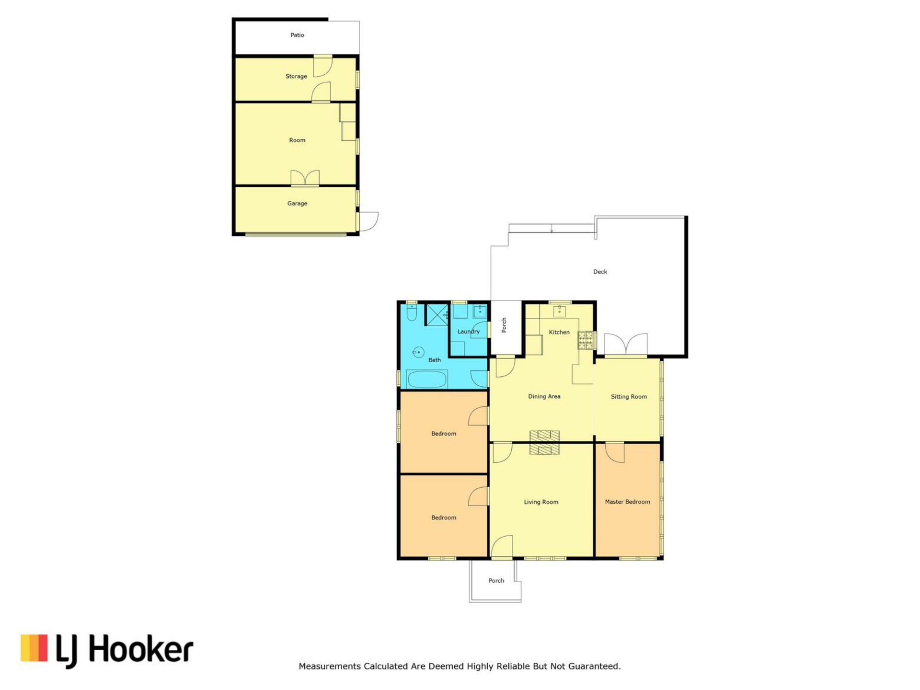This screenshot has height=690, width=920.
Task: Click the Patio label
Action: click(297, 35)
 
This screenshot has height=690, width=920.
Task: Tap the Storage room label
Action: click(296, 76)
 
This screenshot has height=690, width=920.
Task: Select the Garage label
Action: click(297, 203)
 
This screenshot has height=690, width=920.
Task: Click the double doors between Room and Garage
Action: click(305, 178)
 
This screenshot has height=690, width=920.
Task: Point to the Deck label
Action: click(600, 272)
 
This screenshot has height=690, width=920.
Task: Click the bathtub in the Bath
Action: click(426, 379)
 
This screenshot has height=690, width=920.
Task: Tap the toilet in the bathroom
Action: click(412, 313)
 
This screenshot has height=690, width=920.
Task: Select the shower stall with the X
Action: click(437, 315)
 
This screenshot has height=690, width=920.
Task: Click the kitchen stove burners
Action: click(586, 340)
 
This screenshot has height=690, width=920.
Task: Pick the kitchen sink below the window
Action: click(559, 311)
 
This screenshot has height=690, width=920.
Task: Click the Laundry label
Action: click(468, 332)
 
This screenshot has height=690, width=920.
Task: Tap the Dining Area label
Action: click(544, 396)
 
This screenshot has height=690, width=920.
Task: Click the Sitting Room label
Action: click(629, 396)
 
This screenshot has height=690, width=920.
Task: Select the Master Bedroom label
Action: click(627, 502)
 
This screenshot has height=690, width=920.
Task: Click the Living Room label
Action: click(541, 502)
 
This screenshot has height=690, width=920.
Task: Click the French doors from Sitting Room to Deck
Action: click(626, 345)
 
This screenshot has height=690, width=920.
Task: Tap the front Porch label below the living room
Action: click(496, 580)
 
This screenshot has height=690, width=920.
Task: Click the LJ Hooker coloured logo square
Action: click(34, 648)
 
